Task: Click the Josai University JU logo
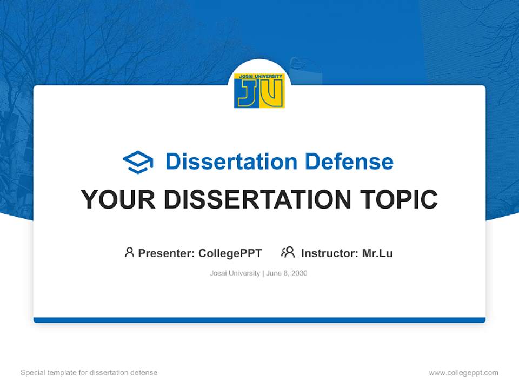coord(259,91)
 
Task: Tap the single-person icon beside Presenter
coord(129,252)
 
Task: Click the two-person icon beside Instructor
coord(288,252)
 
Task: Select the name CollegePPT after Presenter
coord(230,253)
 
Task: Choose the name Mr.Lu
coord(377,253)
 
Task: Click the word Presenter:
coord(167,253)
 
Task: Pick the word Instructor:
coord(330,253)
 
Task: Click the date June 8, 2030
coord(287,273)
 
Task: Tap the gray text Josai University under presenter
coord(235,273)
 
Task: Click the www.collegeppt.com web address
coord(463,373)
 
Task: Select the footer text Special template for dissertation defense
coord(89,373)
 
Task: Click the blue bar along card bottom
coord(259,320)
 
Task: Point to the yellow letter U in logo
coord(272,94)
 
